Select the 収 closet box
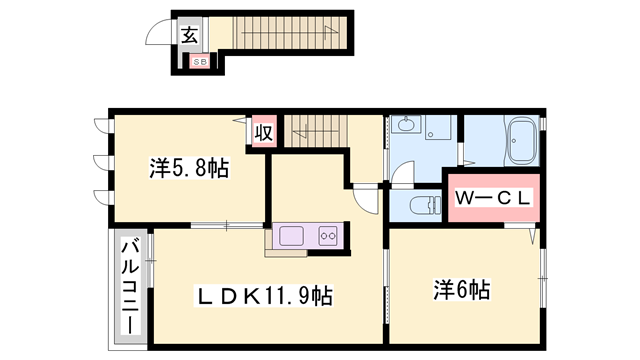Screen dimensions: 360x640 pyautogui.click(x=263, y=131)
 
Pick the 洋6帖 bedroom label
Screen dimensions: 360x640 pyautogui.click(x=461, y=290)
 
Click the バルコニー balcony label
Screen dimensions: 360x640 pyautogui.click(x=130, y=287)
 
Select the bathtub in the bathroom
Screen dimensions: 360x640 pyautogui.click(x=523, y=143)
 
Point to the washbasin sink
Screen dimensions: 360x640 pyautogui.click(x=406, y=127)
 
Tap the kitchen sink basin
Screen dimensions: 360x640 pyautogui.click(x=292, y=236)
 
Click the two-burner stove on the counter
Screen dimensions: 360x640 pyautogui.click(x=328, y=236)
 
